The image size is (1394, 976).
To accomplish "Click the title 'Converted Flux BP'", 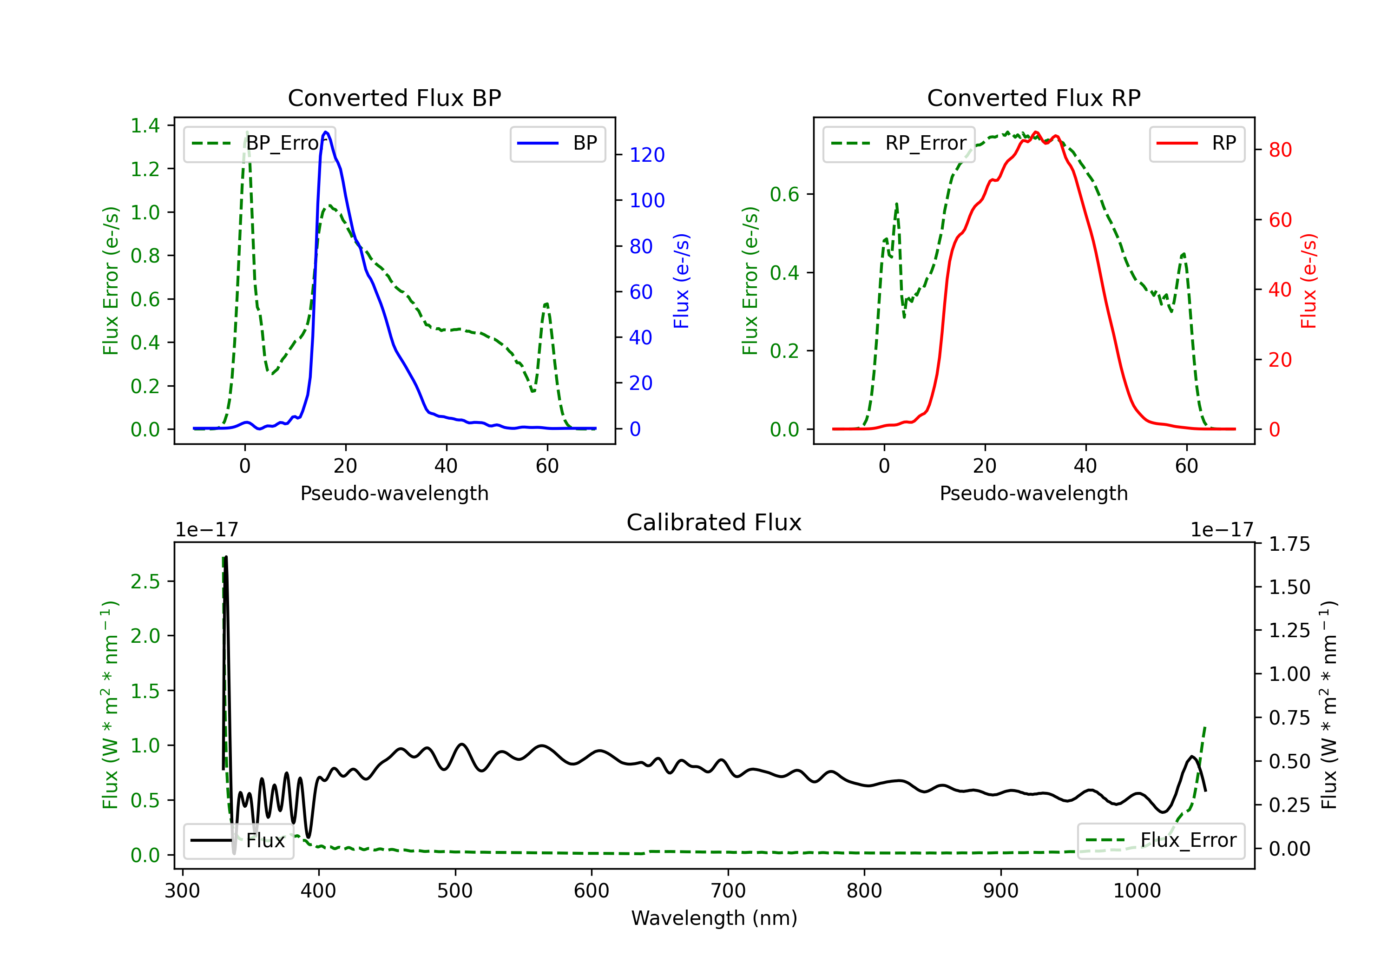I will (x=394, y=98).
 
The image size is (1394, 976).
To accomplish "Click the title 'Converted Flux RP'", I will (x=1033, y=98).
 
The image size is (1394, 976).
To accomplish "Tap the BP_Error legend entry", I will (x=260, y=143).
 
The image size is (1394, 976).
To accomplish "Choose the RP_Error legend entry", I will (x=899, y=143).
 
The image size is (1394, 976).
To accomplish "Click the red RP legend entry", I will (x=1197, y=143).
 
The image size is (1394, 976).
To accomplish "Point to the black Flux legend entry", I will (x=239, y=841).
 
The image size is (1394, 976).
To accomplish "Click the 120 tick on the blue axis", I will (x=647, y=155).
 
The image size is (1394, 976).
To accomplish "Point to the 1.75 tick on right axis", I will (x=1289, y=544).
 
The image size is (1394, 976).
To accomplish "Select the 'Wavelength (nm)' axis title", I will (x=714, y=918).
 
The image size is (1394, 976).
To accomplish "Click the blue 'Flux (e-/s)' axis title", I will (x=681, y=281).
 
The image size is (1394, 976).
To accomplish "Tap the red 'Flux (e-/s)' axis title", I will (x=1309, y=281).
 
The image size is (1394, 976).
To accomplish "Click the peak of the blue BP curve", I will (x=326, y=132).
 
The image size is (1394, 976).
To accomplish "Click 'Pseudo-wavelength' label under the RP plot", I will (x=1033, y=493).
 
